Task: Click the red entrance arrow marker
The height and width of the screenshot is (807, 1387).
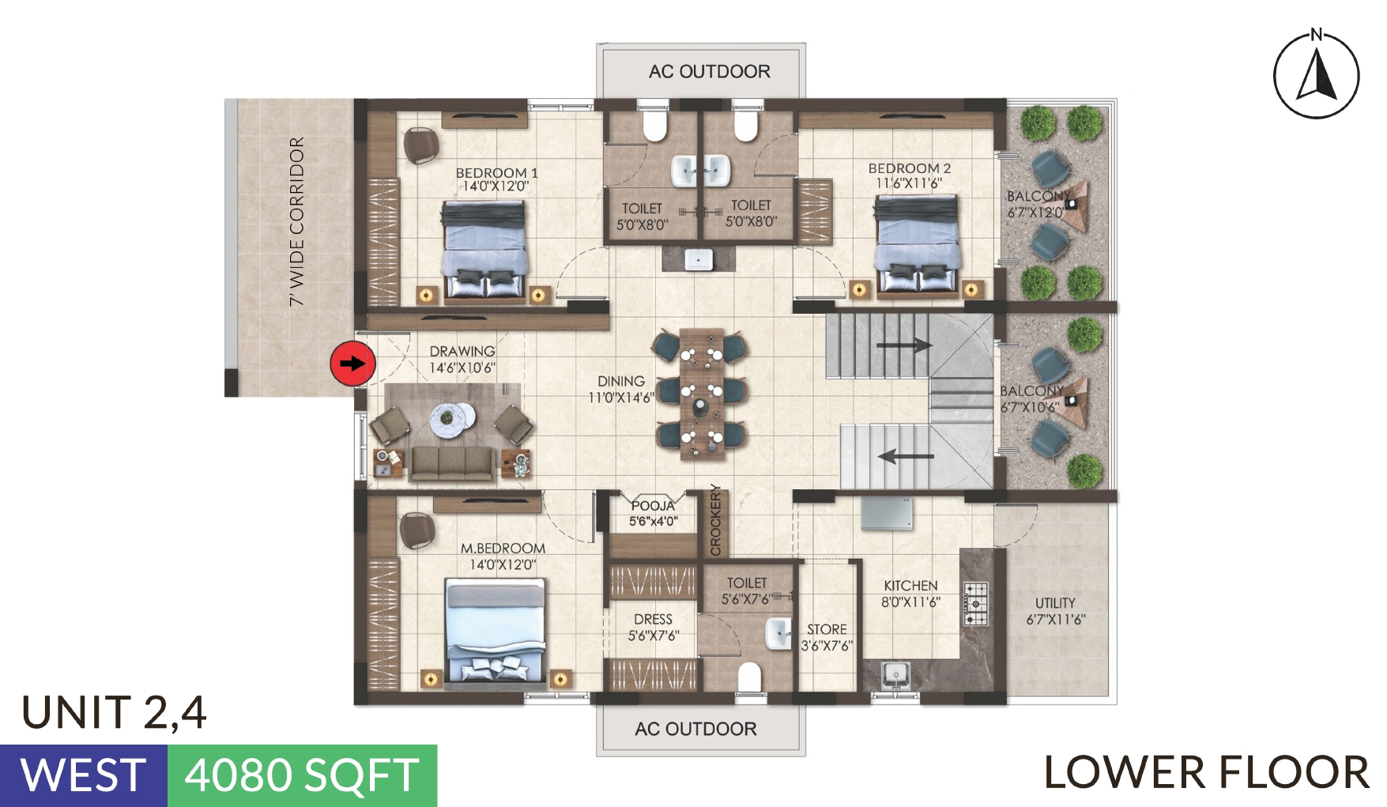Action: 352,364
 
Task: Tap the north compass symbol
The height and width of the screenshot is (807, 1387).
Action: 1316,75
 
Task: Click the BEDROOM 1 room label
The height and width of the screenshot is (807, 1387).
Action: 496,172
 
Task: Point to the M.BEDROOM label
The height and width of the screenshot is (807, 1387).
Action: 503,548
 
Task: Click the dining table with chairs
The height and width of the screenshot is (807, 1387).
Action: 700,393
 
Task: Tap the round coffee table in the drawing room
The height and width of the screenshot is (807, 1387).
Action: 453,417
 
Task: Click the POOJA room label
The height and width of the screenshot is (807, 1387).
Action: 653,506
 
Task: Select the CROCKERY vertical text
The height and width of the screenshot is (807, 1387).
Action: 716,519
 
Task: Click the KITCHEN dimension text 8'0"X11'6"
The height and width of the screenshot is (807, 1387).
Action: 910,602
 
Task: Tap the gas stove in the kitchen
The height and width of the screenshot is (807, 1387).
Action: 976,605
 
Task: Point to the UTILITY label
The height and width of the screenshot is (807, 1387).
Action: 1055,603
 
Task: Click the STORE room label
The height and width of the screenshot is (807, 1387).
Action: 827,629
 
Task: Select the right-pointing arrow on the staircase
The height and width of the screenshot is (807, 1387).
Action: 904,345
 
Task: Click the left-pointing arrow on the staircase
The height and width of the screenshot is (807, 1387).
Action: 906,456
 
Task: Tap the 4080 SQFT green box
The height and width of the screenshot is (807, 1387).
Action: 302,775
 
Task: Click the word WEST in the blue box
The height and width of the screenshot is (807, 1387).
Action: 83,775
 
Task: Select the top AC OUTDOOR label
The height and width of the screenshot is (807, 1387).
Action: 709,72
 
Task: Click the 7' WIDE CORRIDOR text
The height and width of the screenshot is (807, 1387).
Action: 297,222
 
